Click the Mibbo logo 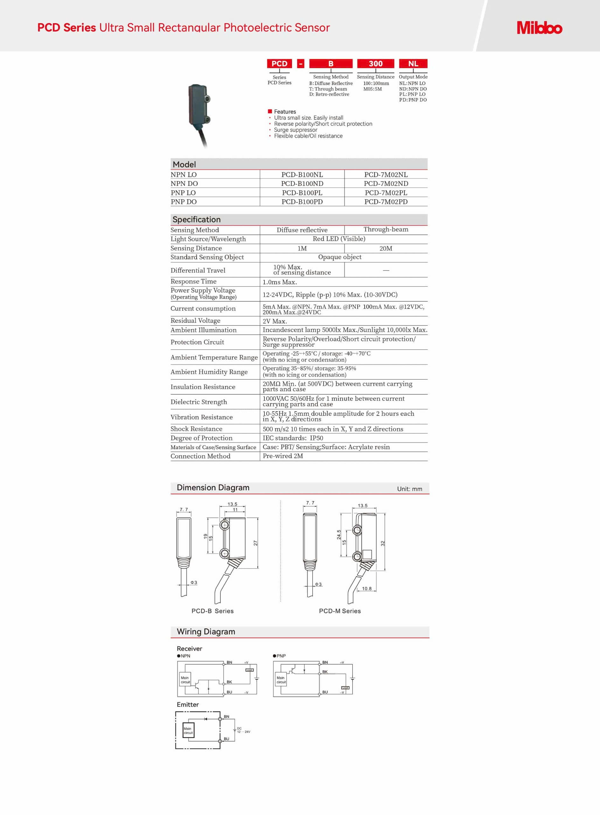(539, 28)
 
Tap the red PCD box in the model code (279, 64)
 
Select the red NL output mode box (413, 64)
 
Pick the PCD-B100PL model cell (302, 193)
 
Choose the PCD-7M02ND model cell (386, 183)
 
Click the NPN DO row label (184, 183)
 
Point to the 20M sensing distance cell (386, 249)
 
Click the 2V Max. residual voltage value (275, 321)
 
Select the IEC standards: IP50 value (293, 438)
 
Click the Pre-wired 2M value (283, 456)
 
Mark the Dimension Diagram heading (213, 488)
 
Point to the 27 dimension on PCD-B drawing (256, 543)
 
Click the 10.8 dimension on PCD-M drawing (367, 589)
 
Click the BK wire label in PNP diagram (325, 672)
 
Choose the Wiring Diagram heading (206, 632)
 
